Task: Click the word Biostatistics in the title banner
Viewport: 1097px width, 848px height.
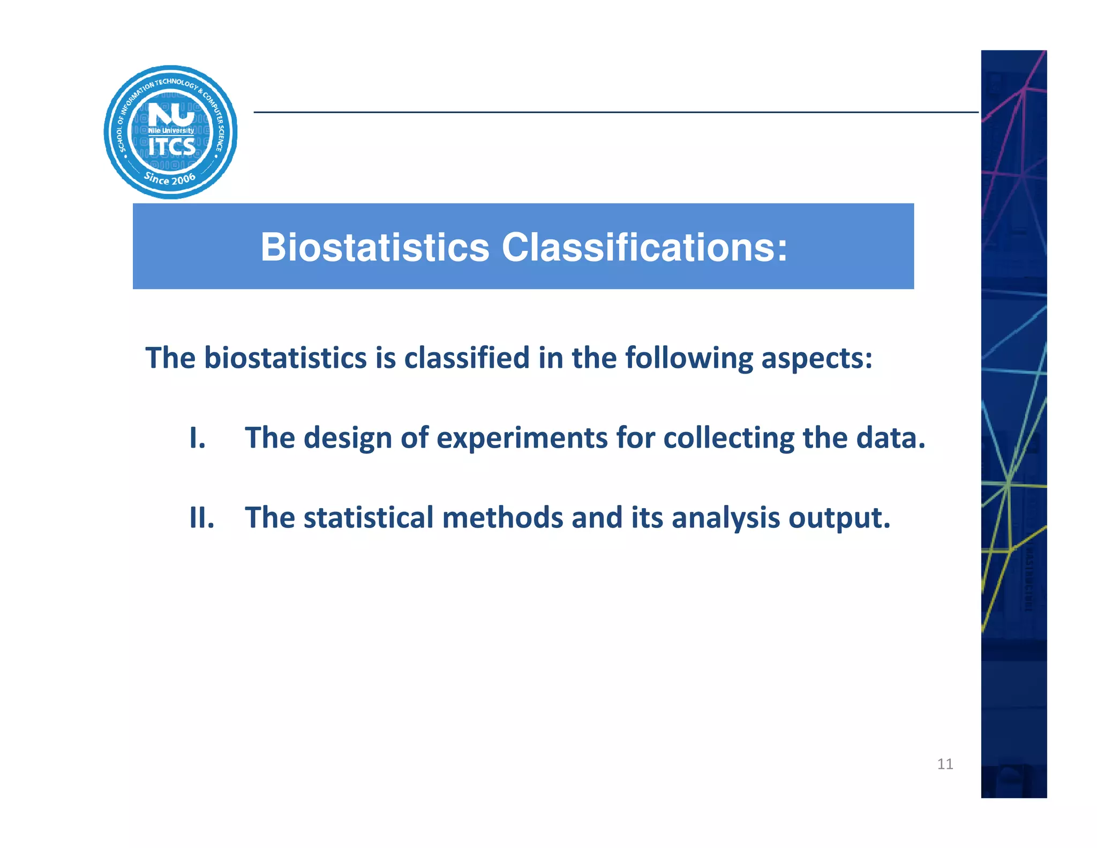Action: [x=374, y=248]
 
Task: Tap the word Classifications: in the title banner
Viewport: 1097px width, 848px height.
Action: [x=644, y=248]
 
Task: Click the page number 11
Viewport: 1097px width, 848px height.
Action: [x=945, y=764]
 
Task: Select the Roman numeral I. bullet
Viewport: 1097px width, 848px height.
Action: [x=198, y=438]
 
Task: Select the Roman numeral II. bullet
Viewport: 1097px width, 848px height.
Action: [x=202, y=518]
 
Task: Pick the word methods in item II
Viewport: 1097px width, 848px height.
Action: [x=502, y=518]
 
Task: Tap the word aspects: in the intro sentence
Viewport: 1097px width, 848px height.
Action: [x=817, y=359]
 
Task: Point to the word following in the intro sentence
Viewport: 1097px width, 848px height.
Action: [x=689, y=359]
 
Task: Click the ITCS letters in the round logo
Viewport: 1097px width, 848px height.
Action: [x=171, y=146]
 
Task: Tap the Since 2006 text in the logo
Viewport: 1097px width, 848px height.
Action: [x=170, y=178]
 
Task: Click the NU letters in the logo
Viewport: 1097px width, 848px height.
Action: [x=171, y=115]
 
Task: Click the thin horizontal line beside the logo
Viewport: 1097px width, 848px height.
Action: [x=616, y=113]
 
